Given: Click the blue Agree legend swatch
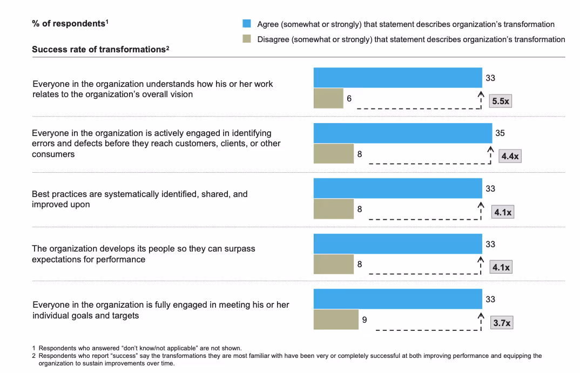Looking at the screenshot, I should click(247, 24).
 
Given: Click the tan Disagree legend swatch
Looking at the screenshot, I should click(247, 39).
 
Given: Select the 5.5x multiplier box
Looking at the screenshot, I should click(500, 101).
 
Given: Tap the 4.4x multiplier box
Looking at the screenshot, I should click(510, 157).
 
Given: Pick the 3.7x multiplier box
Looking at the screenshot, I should click(502, 323).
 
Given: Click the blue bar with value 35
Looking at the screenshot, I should click(403, 133).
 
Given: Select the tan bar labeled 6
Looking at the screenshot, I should click(328, 98).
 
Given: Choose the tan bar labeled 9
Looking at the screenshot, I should click(336, 320).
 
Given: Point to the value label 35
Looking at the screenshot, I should click(500, 133).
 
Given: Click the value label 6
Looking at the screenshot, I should click(349, 99).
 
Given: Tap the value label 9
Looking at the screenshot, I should click(365, 320).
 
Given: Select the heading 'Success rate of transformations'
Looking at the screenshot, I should click(100, 49).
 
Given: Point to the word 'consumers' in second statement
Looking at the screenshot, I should click(53, 154).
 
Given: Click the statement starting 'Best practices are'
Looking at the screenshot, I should click(139, 199).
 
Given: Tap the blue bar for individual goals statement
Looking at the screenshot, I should click(397, 299).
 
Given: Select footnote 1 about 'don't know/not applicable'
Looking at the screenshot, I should click(140, 348).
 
